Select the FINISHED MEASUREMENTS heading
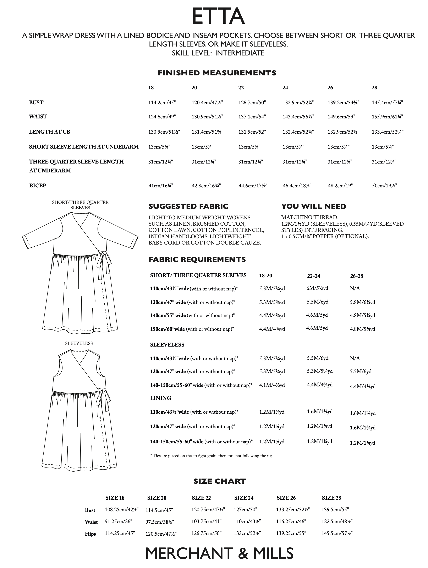coord(217,73)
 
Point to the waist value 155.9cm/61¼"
coord(387,117)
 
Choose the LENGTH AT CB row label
coord(50,132)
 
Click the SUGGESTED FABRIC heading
coord(188,207)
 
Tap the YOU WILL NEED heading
coord(314,207)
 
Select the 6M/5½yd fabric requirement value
coord(317,288)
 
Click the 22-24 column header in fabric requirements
coord(314,276)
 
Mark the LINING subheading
coord(161,398)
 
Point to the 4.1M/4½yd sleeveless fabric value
coord(272,385)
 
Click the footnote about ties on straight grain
coord(212,456)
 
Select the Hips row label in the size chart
coord(90,534)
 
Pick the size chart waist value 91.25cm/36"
coord(118,521)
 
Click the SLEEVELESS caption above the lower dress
coord(79,343)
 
